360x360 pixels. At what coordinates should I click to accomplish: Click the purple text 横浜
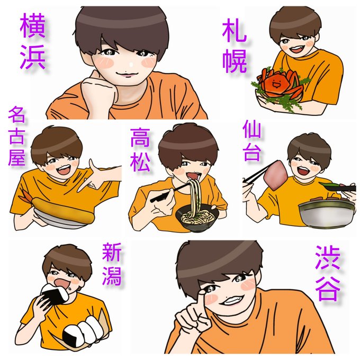pyautogui.click(x=33, y=41)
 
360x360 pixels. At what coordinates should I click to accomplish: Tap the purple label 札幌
pyautogui.click(x=235, y=46)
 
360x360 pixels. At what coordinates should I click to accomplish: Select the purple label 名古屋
pyautogui.click(x=16, y=136)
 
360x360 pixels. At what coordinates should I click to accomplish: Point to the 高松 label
pyautogui.click(x=140, y=150)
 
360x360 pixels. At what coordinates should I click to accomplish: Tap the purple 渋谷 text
pyautogui.click(x=327, y=273)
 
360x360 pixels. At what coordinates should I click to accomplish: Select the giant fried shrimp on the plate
pyautogui.click(x=62, y=211)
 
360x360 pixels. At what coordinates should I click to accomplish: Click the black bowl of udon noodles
pyautogui.click(x=197, y=218)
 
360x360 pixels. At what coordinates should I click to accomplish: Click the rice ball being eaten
pyautogui.click(x=55, y=294)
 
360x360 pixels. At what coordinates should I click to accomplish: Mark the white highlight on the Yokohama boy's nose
pyautogui.click(x=131, y=65)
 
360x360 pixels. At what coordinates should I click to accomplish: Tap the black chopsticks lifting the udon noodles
pyautogui.click(x=170, y=193)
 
